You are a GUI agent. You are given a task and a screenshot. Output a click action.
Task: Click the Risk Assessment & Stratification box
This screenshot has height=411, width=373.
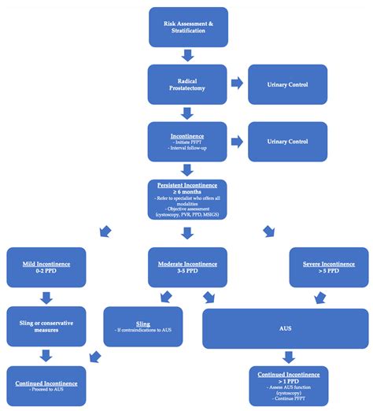click(187, 26)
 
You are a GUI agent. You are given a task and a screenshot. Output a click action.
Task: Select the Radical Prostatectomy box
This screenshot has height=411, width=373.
click(187, 83)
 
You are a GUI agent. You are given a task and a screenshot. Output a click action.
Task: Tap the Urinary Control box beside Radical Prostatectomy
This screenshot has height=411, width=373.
click(287, 83)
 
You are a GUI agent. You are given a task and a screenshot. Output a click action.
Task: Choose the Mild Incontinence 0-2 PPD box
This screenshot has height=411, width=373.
click(45, 267)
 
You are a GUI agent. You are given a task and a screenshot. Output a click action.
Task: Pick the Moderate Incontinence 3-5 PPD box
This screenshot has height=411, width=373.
click(187, 267)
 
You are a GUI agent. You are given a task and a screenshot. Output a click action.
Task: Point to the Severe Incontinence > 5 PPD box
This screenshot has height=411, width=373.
click(327, 267)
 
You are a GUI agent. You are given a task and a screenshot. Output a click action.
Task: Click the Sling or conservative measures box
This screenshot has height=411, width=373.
click(45, 326)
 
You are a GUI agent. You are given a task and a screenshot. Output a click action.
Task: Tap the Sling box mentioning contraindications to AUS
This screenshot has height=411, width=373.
click(143, 326)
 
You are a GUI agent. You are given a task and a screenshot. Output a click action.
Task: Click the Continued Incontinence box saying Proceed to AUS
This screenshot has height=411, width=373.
click(45, 385)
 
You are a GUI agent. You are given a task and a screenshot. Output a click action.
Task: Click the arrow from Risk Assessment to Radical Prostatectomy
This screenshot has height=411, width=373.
click(187, 54)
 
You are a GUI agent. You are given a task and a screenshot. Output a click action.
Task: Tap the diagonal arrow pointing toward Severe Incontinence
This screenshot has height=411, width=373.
click(270, 231)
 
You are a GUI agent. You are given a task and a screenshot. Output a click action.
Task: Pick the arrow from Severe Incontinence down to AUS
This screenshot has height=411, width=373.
click(320, 297)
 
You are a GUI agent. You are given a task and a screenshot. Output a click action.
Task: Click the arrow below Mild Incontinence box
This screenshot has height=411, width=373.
click(45, 297)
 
